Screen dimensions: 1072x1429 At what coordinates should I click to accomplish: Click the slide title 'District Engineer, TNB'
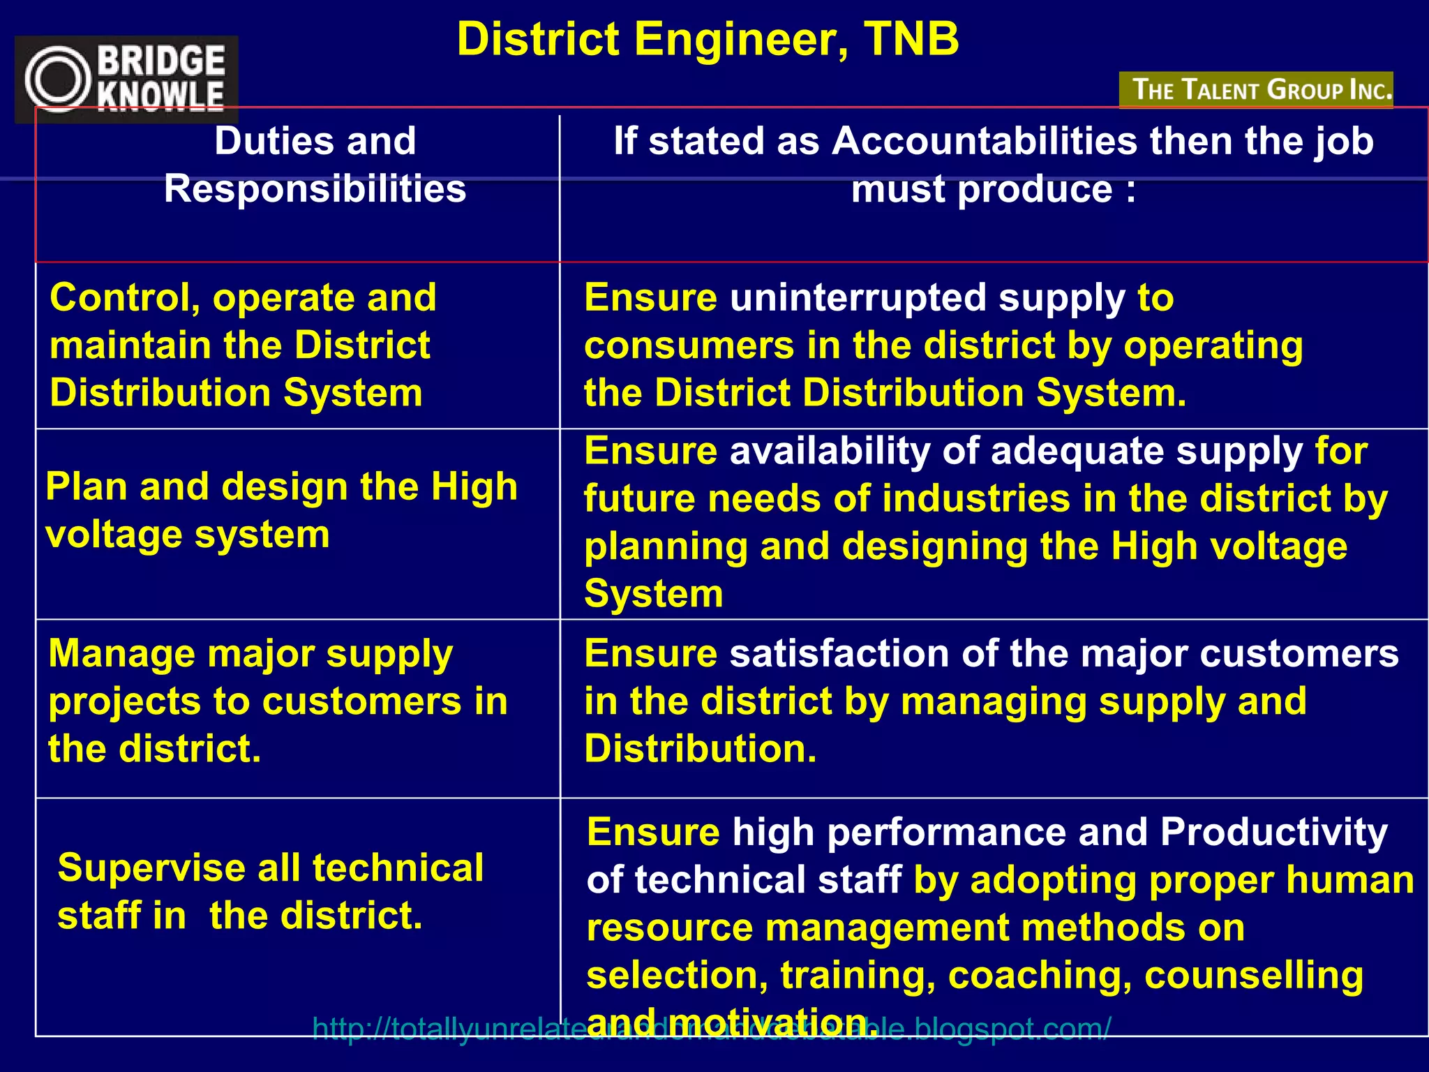(708, 39)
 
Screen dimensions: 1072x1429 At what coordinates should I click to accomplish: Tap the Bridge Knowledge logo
(126, 78)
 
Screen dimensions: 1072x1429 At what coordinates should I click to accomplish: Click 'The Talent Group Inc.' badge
(1256, 90)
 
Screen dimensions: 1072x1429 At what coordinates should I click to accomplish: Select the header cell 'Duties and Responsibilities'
(315, 165)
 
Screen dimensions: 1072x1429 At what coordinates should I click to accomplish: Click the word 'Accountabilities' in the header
(985, 141)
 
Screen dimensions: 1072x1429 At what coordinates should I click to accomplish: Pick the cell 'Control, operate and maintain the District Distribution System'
(243, 345)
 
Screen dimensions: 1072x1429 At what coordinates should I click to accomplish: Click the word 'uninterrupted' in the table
(858, 298)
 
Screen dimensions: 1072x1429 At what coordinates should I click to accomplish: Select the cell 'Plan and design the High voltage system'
(281, 510)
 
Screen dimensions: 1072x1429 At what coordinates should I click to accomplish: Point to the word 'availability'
(830, 452)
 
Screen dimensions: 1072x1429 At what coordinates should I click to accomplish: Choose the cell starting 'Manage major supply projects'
(278, 701)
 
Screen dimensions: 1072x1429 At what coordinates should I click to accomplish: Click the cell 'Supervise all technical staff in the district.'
(271, 891)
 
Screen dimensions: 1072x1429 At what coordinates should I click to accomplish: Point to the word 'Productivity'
(1273, 833)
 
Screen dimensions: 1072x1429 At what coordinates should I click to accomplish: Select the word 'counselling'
(1254, 975)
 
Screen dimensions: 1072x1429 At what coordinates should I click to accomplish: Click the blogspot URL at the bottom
(712, 1029)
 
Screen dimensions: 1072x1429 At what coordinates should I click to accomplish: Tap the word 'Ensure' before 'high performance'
(653, 833)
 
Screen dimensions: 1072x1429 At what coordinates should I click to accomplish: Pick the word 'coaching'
(1040, 975)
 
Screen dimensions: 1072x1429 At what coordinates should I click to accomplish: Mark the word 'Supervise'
(151, 868)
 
